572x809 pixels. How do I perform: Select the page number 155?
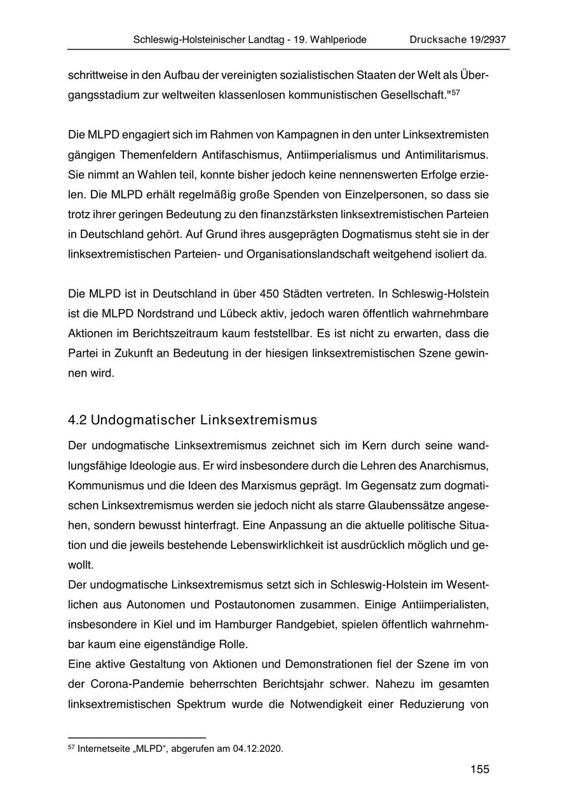(x=480, y=770)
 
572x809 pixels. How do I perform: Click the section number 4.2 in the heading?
(x=78, y=420)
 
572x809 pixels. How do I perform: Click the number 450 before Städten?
(x=273, y=294)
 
